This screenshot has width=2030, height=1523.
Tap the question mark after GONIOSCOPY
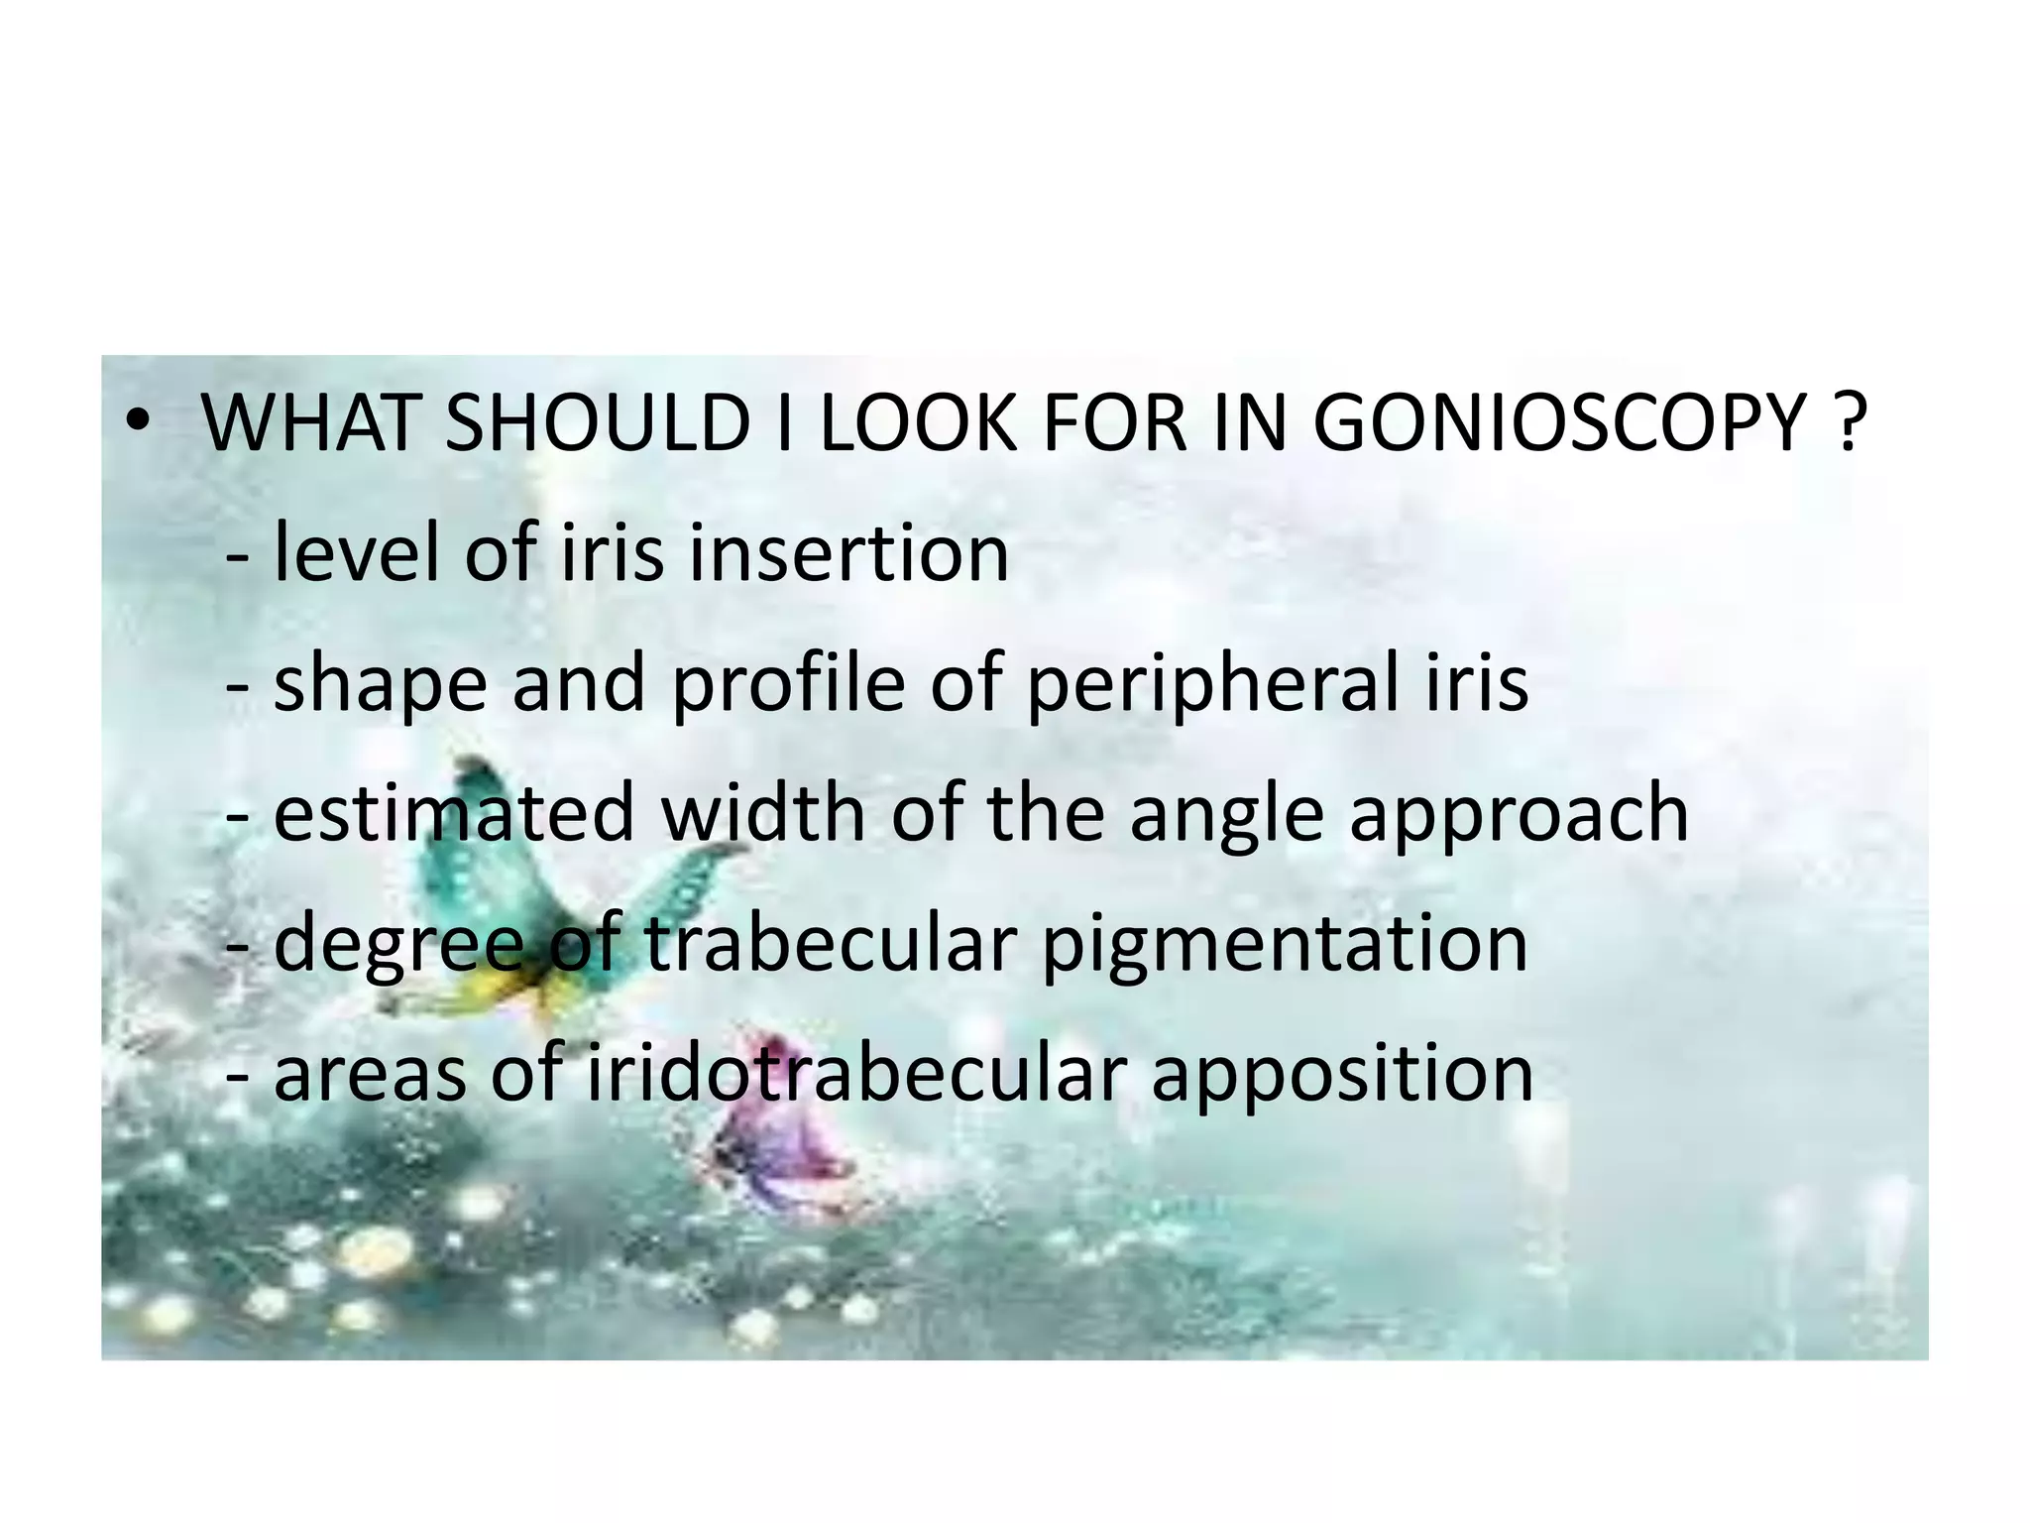click(1847, 423)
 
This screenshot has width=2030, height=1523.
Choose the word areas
click(369, 1075)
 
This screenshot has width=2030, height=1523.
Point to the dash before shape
click(238, 684)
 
